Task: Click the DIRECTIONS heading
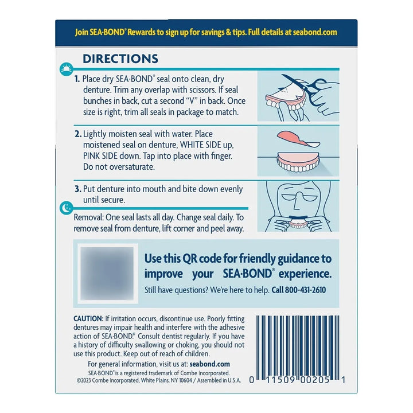tap(120, 59)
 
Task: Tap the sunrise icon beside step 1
tap(67, 69)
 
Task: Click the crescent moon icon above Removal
tap(67, 208)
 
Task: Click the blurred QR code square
tap(107, 274)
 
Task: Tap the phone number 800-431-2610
tap(305, 290)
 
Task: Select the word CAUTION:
tap(88, 319)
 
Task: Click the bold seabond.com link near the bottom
tap(210, 364)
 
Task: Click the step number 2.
tap(78, 134)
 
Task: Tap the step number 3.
tap(78, 189)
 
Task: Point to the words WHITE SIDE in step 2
tap(201, 145)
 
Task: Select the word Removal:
tap(89, 217)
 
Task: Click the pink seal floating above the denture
tap(298, 138)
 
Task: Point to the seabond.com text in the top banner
tap(315, 32)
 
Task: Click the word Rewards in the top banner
tap(141, 32)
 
